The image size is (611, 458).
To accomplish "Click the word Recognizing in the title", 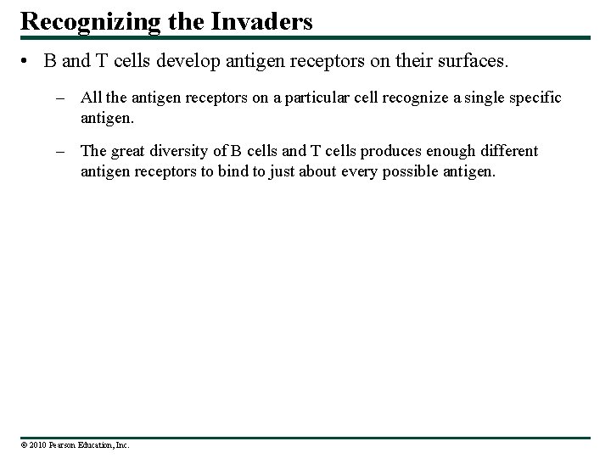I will (87, 20).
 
